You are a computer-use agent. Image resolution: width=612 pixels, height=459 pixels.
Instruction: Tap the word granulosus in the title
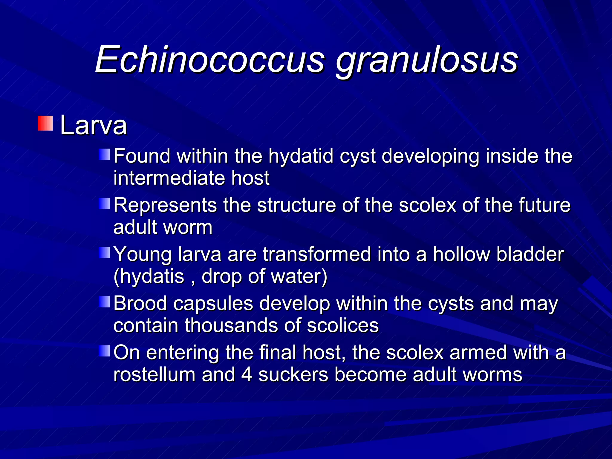pyautogui.click(x=427, y=61)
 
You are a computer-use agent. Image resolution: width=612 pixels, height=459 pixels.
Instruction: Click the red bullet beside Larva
pyautogui.click(x=45, y=123)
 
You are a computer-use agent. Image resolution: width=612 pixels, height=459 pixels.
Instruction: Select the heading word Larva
pyautogui.click(x=94, y=126)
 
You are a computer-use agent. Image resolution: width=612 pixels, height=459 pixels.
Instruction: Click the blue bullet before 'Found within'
pyautogui.click(x=105, y=154)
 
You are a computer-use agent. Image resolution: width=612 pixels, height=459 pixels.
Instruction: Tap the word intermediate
pyautogui.click(x=169, y=178)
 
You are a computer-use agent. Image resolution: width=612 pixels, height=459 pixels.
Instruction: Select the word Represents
pyautogui.click(x=165, y=206)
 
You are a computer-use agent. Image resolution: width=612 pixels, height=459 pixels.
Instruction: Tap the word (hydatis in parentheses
pyautogui.click(x=149, y=277)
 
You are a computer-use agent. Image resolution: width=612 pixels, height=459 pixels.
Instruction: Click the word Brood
pyautogui.click(x=140, y=304)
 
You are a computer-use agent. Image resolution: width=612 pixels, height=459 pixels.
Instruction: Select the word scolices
pyautogui.click(x=343, y=325)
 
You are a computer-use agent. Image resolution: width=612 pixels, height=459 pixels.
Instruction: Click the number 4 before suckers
pyautogui.click(x=247, y=375)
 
